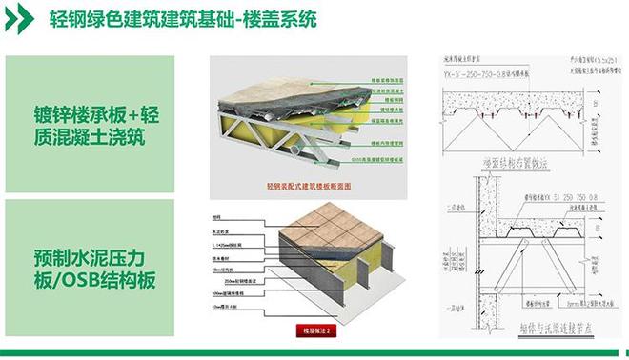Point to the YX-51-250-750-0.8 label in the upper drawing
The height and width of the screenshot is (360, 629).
(488, 70)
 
